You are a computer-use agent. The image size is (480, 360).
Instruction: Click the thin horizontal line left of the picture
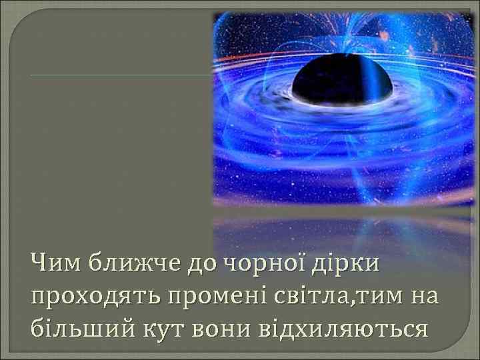(120, 75)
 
